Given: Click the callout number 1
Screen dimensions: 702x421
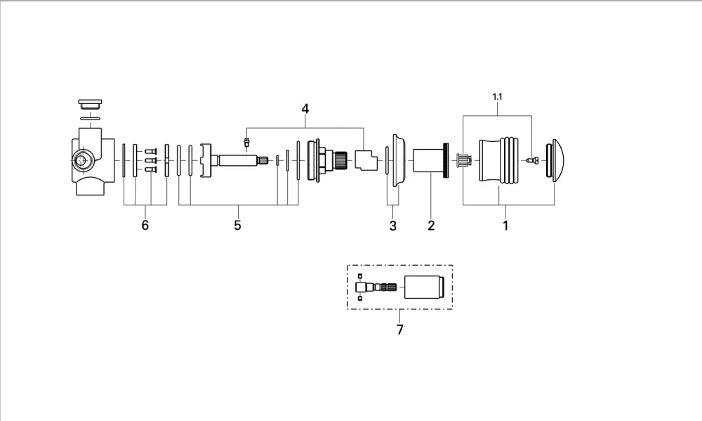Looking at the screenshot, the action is tap(505, 225).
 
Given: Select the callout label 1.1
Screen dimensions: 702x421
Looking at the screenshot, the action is tap(498, 97).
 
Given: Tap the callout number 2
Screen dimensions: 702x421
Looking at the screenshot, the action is tap(431, 225).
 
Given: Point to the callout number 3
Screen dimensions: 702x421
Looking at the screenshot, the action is tap(392, 226).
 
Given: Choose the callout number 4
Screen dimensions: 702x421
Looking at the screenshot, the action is tap(305, 109).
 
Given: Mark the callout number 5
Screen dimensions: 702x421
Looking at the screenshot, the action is tap(237, 225).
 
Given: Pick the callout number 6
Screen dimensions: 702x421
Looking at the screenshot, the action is tap(145, 225).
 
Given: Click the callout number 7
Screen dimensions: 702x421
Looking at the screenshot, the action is tap(400, 330).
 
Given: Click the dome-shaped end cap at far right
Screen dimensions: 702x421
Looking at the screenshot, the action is tap(555, 160).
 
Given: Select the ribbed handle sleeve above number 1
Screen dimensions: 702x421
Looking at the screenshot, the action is tap(498, 160).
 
